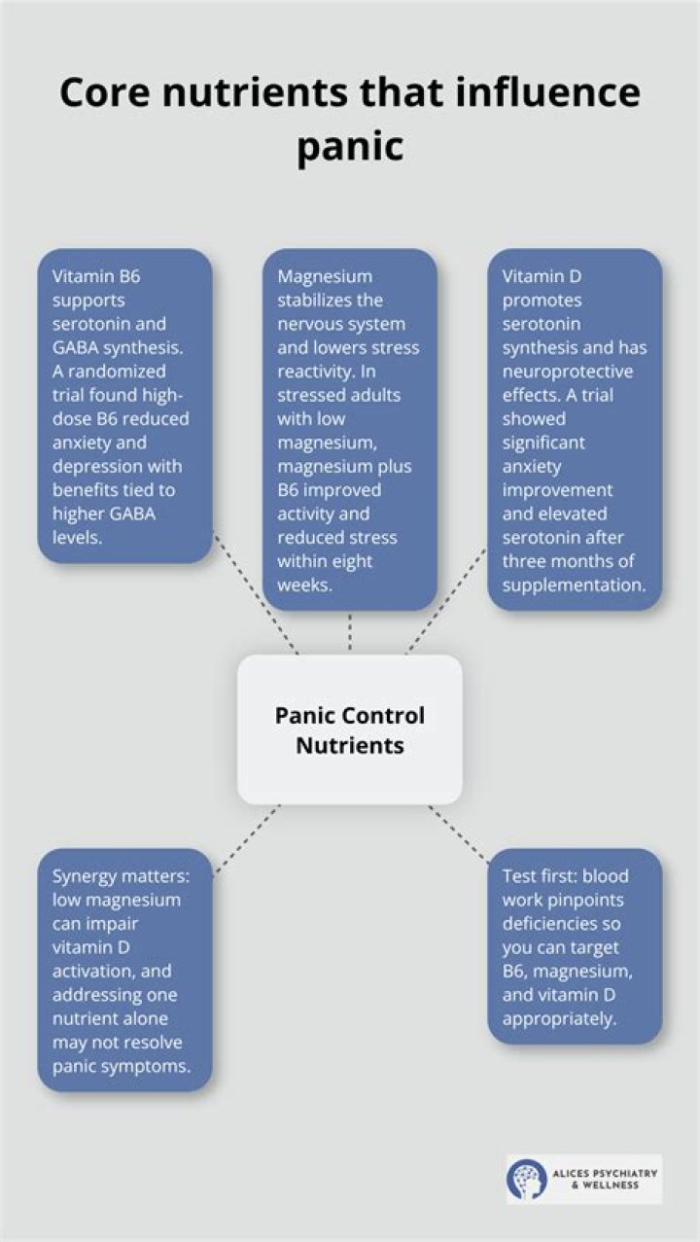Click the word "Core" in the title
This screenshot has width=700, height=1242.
104,92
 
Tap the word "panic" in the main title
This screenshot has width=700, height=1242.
350,147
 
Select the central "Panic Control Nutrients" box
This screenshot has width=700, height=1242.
350,729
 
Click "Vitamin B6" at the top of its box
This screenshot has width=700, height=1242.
96,275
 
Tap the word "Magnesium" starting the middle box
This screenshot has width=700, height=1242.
325,276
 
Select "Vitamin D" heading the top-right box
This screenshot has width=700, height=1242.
542,275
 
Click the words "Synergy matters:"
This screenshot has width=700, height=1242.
121,877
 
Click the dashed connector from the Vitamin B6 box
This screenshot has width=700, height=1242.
256,594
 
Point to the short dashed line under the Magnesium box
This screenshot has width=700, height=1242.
350,632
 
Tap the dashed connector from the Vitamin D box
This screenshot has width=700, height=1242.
446,602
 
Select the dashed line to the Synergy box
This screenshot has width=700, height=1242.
247,839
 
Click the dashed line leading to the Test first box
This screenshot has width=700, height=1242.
458,834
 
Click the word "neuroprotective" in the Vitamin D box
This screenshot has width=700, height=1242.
568,372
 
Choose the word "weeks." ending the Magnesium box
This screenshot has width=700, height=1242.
305,585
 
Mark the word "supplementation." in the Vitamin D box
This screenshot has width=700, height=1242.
575,586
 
